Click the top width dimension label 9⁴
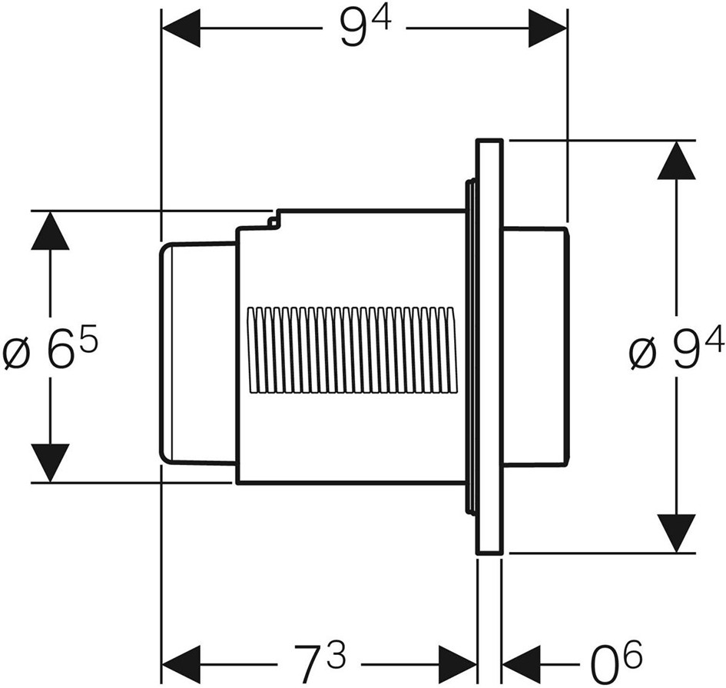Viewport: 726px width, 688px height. [x=366, y=28]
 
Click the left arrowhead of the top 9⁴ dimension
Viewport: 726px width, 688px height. [x=181, y=28]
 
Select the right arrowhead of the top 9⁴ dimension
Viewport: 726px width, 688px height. [x=548, y=28]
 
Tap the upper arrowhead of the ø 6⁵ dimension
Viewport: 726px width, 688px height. [x=50, y=231]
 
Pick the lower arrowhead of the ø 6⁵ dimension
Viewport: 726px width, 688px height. [x=50, y=463]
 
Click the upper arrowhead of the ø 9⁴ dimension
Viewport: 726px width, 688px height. [x=677, y=160]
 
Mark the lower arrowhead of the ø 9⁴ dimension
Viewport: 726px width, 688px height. [x=677, y=533]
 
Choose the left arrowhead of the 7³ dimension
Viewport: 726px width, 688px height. [x=181, y=664]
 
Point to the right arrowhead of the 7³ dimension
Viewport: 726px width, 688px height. [x=457, y=664]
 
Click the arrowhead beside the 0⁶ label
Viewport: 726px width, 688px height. [x=522, y=664]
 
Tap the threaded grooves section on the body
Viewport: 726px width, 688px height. [x=351, y=351]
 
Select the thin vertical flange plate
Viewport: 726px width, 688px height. [x=489, y=346]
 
